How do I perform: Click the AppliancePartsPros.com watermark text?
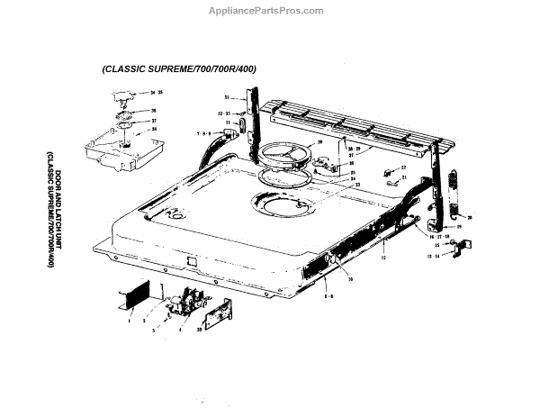[270, 10]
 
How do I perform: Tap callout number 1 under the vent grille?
[130, 320]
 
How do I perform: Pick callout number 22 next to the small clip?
[403, 168]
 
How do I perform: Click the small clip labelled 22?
[389, 171]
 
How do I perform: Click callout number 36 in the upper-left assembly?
[153, 111]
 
